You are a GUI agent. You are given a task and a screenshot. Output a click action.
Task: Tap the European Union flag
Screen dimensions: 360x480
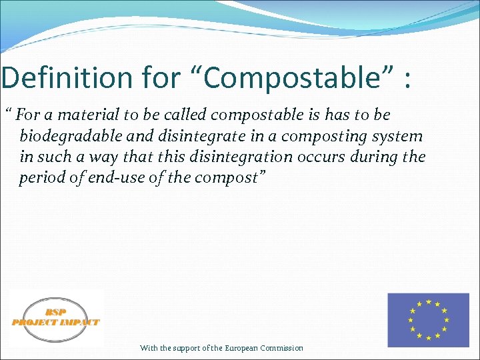pyautogui.click(x=428, y=319)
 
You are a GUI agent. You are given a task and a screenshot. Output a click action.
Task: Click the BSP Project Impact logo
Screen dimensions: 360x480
pyautogui.click(x=56, y=318)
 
